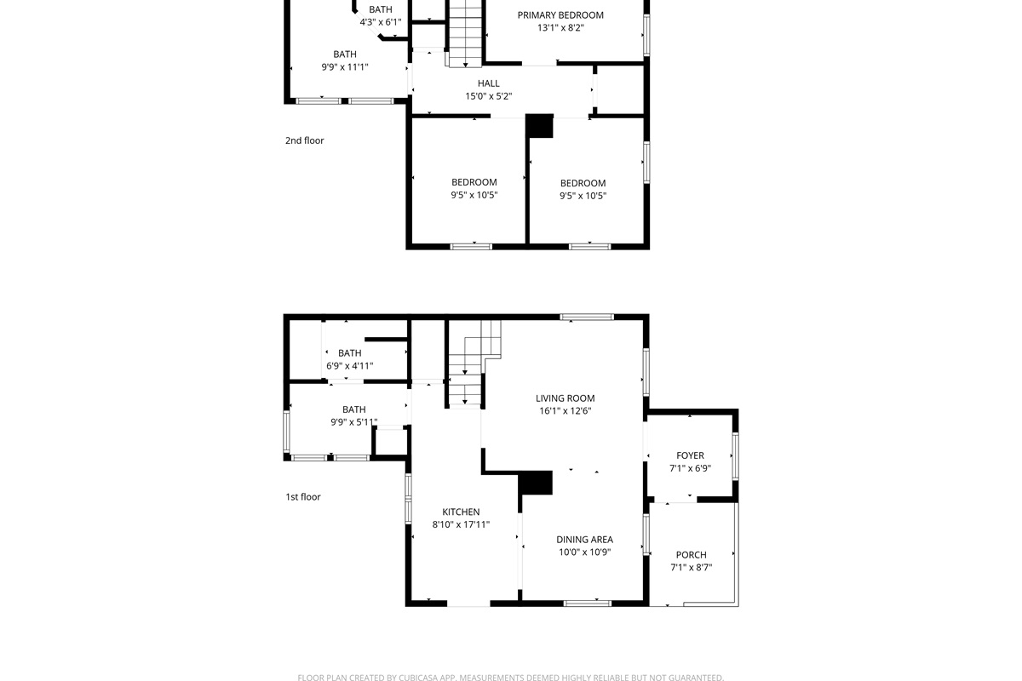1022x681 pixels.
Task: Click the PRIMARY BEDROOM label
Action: coord(560,15)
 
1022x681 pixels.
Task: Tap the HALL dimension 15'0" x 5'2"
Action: coord(488,97)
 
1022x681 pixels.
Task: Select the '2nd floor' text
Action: coord(304,141)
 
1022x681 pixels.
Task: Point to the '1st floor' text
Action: coord(302,497)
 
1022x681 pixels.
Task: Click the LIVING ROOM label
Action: coord(565,398)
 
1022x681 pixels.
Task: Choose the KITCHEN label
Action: coord(461,512)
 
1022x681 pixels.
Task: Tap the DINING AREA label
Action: coord(584,540)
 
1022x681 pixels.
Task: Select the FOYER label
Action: coord(690,456)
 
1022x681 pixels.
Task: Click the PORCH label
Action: coord(691,555)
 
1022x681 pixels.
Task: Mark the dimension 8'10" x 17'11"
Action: coord(461,525)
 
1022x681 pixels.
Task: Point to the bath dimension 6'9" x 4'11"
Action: coord(349,367)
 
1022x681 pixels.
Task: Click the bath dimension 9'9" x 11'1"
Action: coord(344,67)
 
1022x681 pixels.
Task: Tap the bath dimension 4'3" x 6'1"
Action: coord(380,22)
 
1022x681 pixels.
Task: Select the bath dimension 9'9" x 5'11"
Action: coord(353,422)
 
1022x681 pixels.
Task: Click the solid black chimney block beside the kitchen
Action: coord(537,483)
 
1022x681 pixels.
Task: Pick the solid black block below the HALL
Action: coord(539,126)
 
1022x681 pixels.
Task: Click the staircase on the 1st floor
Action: coord(467,366)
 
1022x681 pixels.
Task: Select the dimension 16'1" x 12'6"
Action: coord(565,411)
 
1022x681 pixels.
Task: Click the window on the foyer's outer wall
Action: coord(735,456)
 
